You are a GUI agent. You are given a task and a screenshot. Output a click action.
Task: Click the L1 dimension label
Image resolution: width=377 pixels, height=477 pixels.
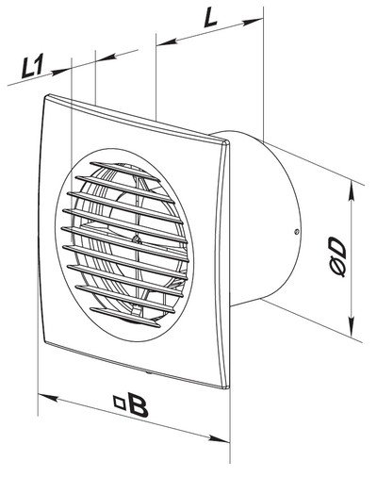[32, 68]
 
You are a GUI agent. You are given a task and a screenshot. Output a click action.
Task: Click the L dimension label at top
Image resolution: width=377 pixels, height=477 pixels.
[210, 19]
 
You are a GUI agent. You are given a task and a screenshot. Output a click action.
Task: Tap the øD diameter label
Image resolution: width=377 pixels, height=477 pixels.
[337, 257]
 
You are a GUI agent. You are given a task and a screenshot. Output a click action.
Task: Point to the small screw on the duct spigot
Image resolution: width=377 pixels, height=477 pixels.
[296, 232]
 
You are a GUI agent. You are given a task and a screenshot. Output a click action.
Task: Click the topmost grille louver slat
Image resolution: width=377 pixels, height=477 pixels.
[124, 172]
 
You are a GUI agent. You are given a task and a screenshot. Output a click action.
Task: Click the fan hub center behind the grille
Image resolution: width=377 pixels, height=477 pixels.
[136, 239]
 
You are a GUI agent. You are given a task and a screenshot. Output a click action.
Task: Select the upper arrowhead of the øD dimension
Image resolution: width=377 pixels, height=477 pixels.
[352, 191]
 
